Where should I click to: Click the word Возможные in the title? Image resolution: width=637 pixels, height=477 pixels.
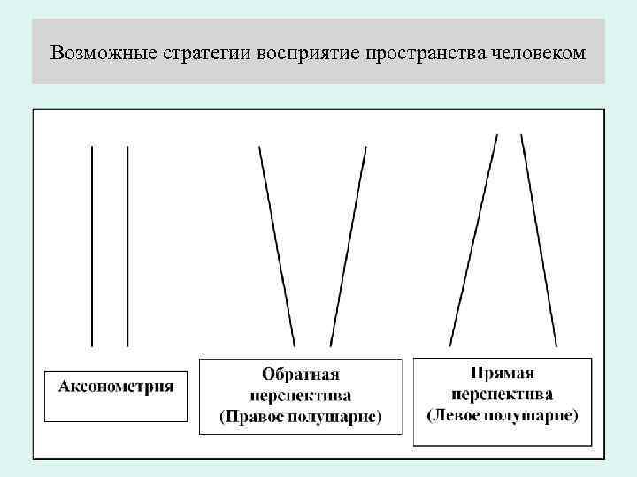tap(94, 52)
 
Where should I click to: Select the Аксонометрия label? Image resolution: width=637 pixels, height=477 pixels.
tap(116, 386)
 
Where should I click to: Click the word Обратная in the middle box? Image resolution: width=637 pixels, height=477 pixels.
tap(301, 375)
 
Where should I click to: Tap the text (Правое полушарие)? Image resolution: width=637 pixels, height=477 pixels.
tap(301, 416)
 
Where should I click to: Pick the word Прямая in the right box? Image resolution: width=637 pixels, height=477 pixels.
tap(503, 374)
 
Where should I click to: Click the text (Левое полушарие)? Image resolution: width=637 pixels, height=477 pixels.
tap(503, 413)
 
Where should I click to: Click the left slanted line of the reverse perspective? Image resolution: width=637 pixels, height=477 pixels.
tap(277, 246)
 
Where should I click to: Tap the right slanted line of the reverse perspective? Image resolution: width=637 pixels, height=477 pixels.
tap(349, 246)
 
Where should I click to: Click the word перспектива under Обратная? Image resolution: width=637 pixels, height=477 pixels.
tap(301, 396)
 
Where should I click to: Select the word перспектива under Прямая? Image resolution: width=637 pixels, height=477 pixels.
tap(503, 393)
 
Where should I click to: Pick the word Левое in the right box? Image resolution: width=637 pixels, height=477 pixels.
tap(458, 413)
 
